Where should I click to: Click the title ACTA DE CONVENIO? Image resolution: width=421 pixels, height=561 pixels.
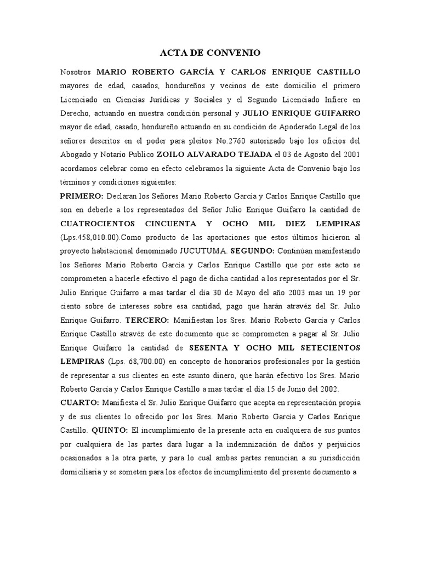210,53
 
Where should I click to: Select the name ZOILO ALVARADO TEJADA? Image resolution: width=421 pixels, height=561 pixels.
201,153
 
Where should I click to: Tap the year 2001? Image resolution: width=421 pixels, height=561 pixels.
350,153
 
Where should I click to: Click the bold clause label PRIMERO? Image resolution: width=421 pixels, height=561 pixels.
81,196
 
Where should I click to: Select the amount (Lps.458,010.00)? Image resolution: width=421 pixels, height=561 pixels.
89,237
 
